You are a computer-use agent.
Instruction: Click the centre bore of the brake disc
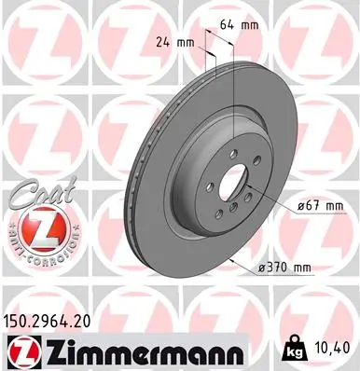235,180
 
